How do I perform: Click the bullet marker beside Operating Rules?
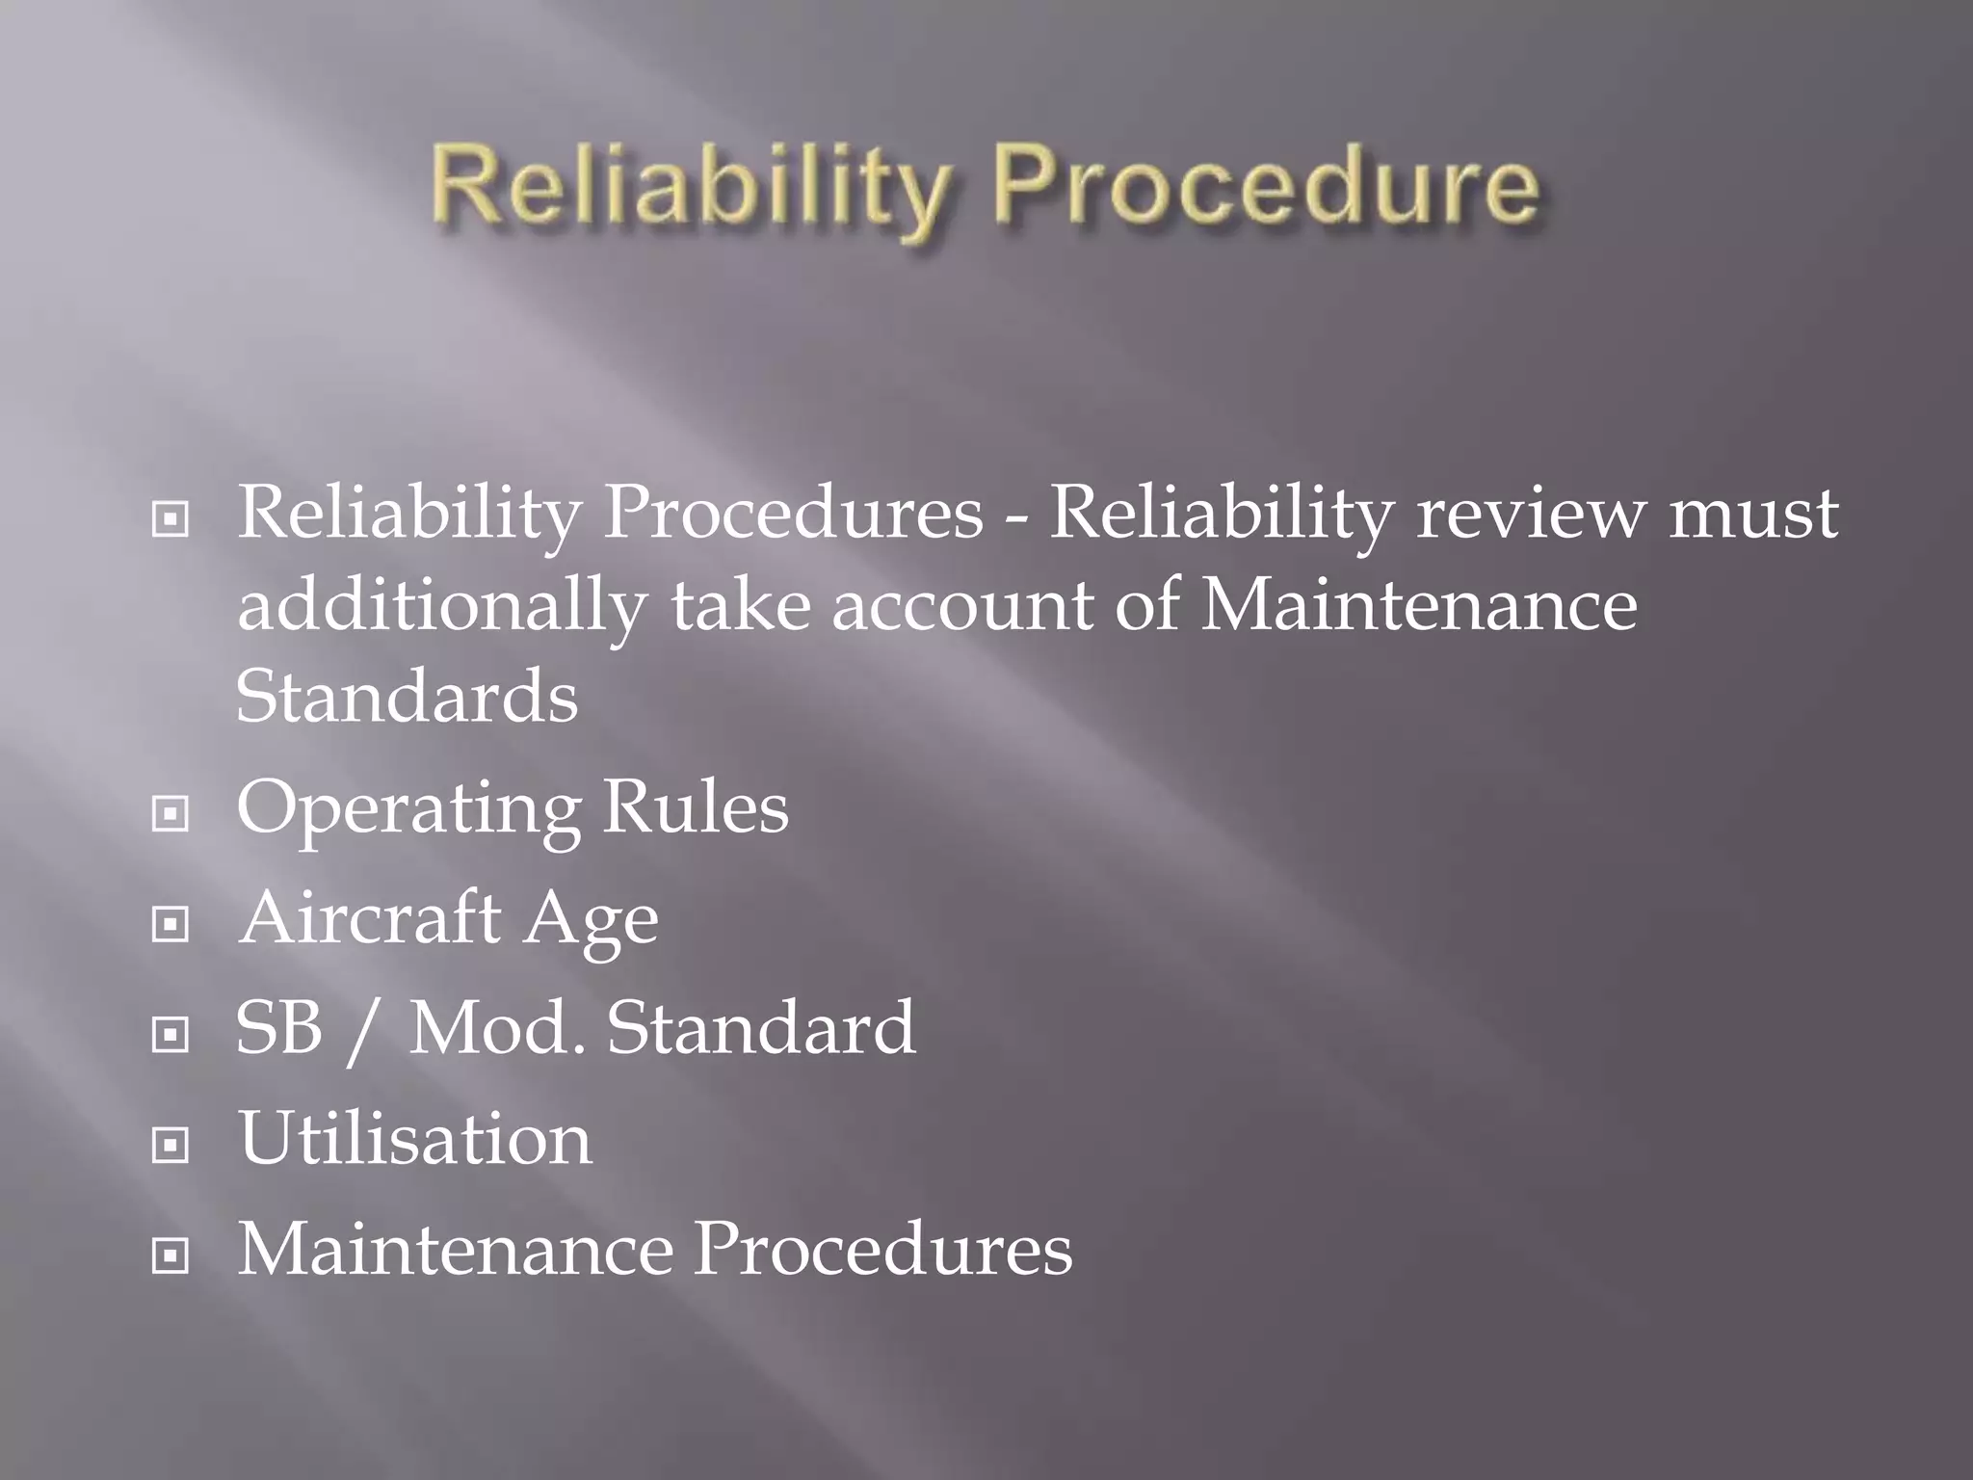(x=171, y=814)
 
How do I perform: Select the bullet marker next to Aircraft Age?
(x=171, y=925)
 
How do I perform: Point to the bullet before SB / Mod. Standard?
(x=171, y=1035)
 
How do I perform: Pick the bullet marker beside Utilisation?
(x=171, y=1146)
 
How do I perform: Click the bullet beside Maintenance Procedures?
(x=171, y=1255)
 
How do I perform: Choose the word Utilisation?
(x=415, y=1138)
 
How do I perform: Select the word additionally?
(x=441, y=607)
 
